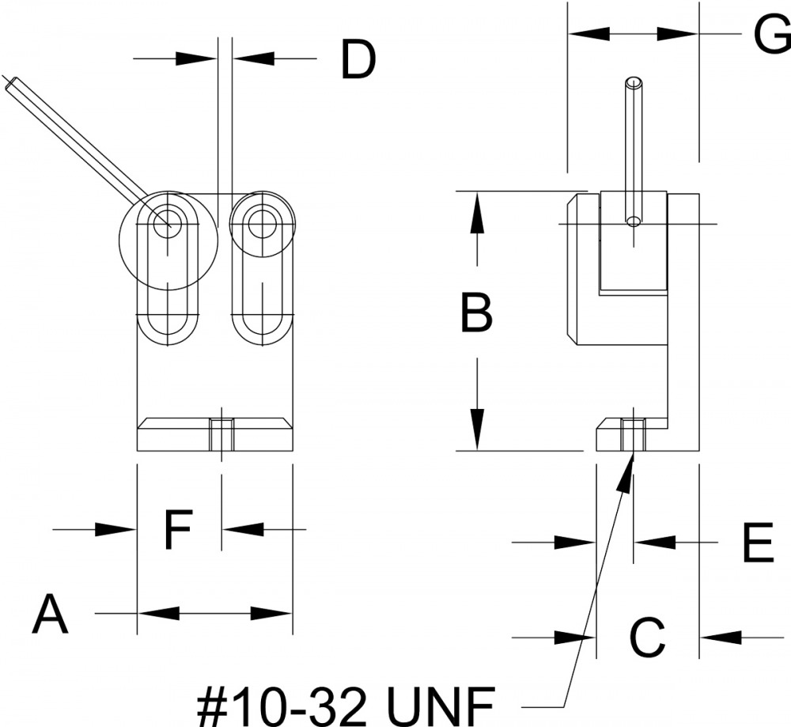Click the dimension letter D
[x=358, y=60]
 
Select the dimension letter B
[x=476, y=313]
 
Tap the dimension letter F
[x=178, y=529]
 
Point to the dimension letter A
[x=50, y=614]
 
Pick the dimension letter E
[x=759, y=543]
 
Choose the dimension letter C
[x=648, y=638]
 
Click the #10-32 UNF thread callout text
[x=345, y=706]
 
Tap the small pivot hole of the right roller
[x=262, y=224]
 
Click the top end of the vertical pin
[x=634, y=81]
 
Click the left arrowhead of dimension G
[x=589, y=34]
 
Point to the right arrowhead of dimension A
[x=271, y=614]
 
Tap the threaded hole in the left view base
[x=221, y=434]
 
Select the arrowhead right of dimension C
[x=721, y=637]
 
